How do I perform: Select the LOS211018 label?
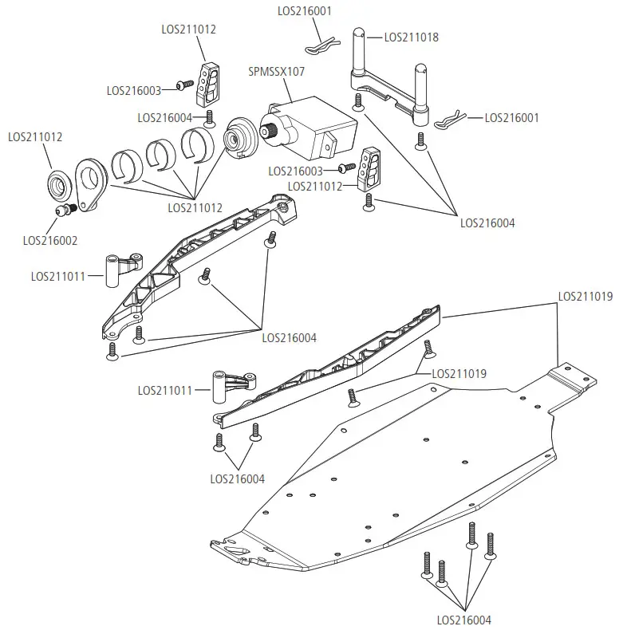[x=411, y=37]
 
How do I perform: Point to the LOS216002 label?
[x=50, y=239]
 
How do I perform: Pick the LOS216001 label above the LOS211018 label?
[x=304, y=11]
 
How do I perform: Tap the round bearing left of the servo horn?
[x=59, y=185]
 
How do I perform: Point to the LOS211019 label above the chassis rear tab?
[x=585, y=296]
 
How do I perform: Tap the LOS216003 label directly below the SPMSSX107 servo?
[x=295, y=171]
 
